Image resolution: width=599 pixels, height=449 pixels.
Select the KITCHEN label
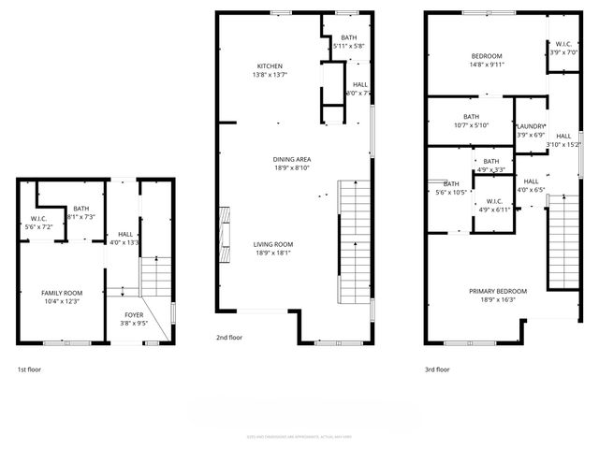(270, 65)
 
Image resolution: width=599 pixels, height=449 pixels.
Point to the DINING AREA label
(291, 159)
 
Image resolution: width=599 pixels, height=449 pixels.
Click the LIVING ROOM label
(273, 244)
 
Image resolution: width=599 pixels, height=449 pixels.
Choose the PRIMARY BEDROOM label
(497, 291)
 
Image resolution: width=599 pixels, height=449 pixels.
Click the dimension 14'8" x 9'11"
(486, 65)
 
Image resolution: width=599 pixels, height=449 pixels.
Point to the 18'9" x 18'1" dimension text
(273, 253)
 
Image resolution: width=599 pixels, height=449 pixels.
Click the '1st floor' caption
(29, 369)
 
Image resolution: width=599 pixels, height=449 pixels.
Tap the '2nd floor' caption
(228, 337)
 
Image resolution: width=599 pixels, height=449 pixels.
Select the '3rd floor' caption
(437, 369)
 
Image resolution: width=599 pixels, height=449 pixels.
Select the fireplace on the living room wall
(223, 230)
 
